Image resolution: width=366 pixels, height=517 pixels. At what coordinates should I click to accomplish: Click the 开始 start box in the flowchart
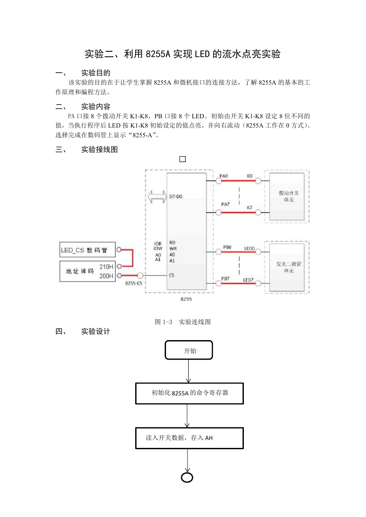(189, 350)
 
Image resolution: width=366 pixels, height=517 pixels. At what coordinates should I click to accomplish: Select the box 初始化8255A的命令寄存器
(190, 394)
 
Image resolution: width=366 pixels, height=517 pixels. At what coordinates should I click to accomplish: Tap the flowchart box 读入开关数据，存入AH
(190, 438)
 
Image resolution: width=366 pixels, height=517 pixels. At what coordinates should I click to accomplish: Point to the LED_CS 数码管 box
(88, 250)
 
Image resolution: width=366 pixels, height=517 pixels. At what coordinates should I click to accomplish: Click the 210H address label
(106, 266)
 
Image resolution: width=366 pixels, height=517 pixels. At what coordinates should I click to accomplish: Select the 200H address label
(106, 276)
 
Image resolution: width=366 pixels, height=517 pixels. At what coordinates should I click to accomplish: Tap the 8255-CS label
(134, 283)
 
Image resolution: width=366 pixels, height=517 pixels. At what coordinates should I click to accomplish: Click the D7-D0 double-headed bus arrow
(157, 197)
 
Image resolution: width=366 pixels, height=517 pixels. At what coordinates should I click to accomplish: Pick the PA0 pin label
(224, 176)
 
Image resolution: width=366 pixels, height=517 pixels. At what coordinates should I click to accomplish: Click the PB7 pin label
(225, 279)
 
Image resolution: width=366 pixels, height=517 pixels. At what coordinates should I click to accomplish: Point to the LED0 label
(249, 248)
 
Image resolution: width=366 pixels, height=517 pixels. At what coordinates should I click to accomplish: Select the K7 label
(250, 208)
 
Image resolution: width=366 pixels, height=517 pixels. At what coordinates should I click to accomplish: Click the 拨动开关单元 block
(287, 197)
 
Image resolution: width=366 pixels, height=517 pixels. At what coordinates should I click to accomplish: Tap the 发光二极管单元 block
(287, 268)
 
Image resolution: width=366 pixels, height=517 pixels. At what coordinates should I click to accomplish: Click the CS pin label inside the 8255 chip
(171, 275)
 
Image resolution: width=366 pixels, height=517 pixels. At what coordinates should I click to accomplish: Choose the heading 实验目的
(96, 73)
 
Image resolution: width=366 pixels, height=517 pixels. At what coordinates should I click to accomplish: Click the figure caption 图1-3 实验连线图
(183, 322)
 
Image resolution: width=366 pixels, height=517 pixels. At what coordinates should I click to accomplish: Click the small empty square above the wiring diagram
(182, 159)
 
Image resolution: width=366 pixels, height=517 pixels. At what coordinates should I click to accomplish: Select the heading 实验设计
(96, 331)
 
